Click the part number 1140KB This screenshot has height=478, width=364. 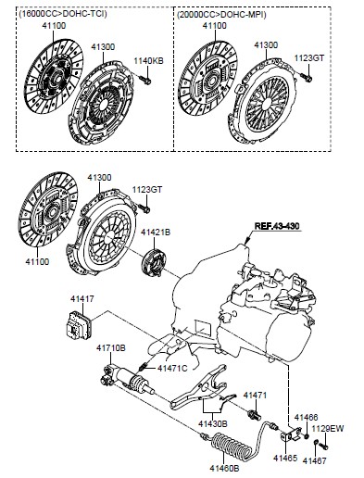[148, 61]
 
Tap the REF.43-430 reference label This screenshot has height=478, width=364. [277, 226]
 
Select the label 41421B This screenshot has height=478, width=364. [156, 232]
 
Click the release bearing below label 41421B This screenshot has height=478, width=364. [154, 263]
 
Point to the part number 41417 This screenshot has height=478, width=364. [82, 299]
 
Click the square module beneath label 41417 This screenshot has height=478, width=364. [78, 325]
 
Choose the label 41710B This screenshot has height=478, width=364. [111, 348]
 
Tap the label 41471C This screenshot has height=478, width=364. [172, 368]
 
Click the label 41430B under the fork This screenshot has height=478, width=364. [213, 423]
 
